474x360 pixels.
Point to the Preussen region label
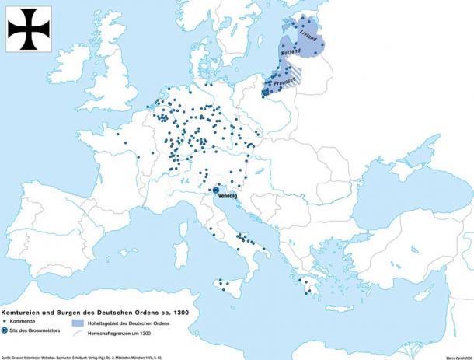[285, 81]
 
